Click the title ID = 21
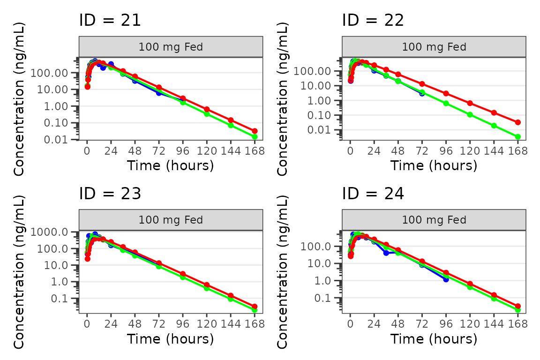(x=110, y=20)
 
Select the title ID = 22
(x=373, y=20)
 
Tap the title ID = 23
(x=110, y=194)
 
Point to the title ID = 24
(x=373, y=194)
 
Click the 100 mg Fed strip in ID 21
(x=171, y=47)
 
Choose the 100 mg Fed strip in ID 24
(x=434, y=220)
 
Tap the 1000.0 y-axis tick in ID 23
(x=57, y=232)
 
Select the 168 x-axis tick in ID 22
(x=517, y=151)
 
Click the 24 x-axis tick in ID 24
(x=374, y=324)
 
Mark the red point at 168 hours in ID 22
(x=517, y=122)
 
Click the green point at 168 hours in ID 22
(x=517, y=137)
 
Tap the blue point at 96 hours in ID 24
(x=446, y=279)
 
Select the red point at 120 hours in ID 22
(x=470, y=103)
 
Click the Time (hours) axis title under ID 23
(x=171, y=338)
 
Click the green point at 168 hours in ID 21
(x=255, y=137)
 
